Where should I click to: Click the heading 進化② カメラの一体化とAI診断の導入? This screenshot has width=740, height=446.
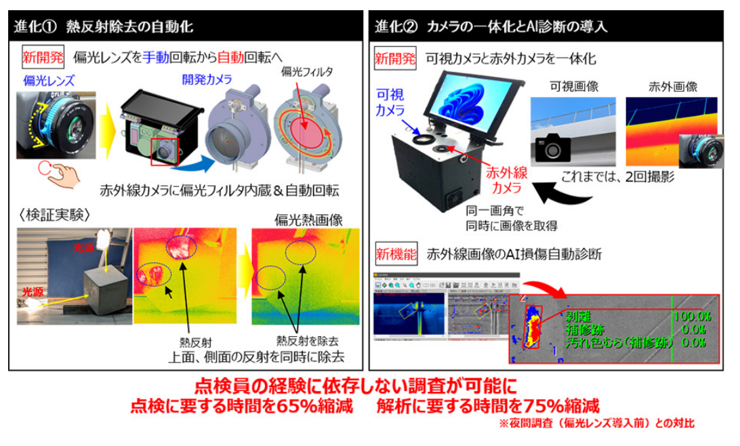(491, 28)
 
